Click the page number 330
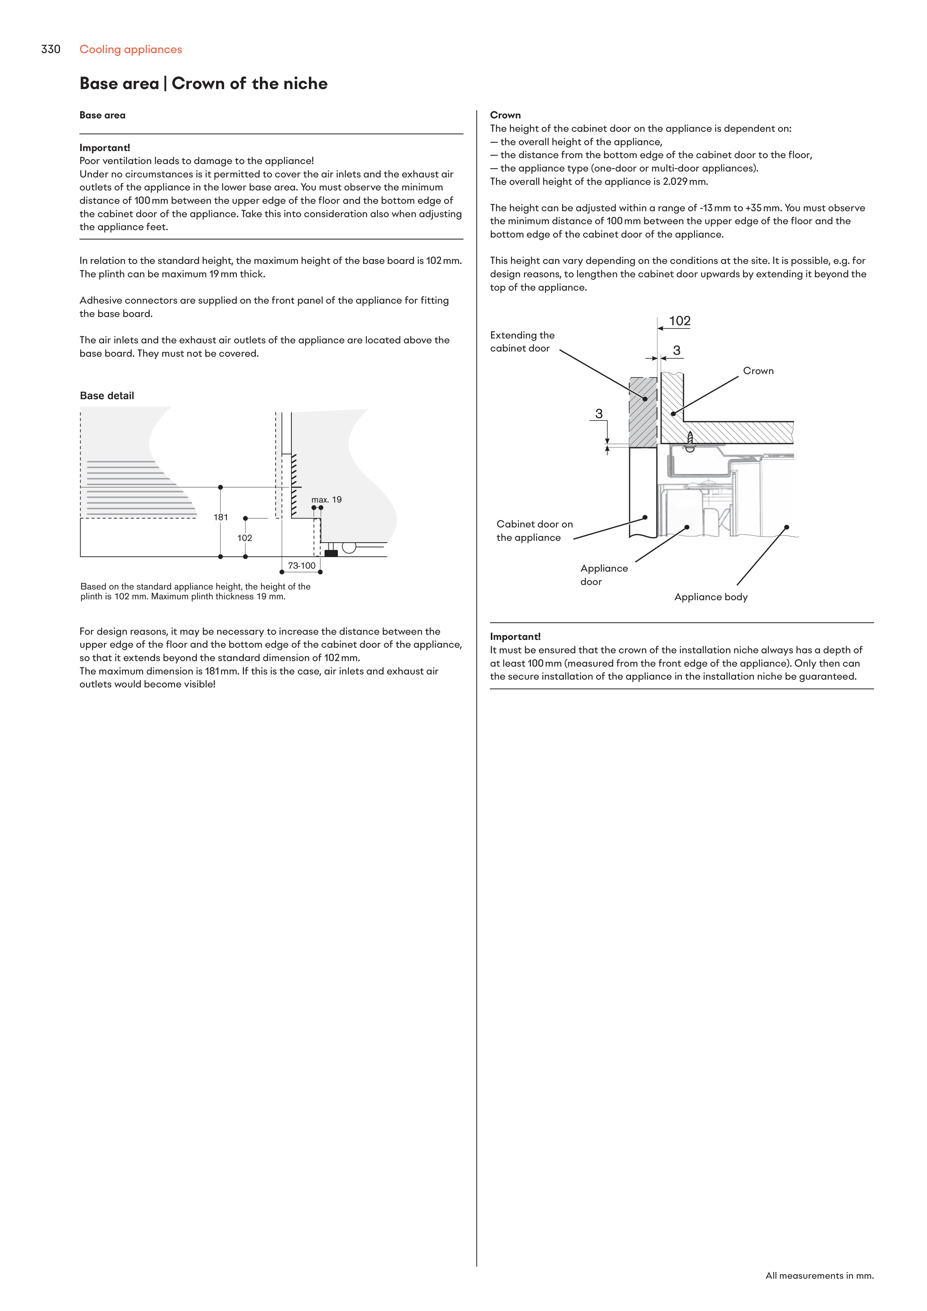pyautogui.click(x=51, y=50)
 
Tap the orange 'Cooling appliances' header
pyautogui.click(x=131, y=50)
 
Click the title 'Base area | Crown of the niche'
pyautogui.click(x=203, y=84)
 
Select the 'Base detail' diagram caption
pyautogui.click(x=107, y=396)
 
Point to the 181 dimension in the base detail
pyautogui.click(x=221, y=517)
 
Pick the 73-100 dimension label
pyautogui.click(x=301, y=566)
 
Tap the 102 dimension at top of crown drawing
pyautogui.click(x=680, y=321)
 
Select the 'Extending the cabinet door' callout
pyautogui.click(x=522, y=342)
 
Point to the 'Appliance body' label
pyautogui.click(x=711, y=597)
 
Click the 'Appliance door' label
pyautogui.click(x=604, y=575)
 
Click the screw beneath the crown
pyautogui.click(x=690, y=440)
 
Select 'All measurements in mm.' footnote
pyautogui.click(x=819, y=1276)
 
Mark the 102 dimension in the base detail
pyautogui.click(x=244, y=538)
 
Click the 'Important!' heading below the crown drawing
pyautogui.click(x=515, y=637)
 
